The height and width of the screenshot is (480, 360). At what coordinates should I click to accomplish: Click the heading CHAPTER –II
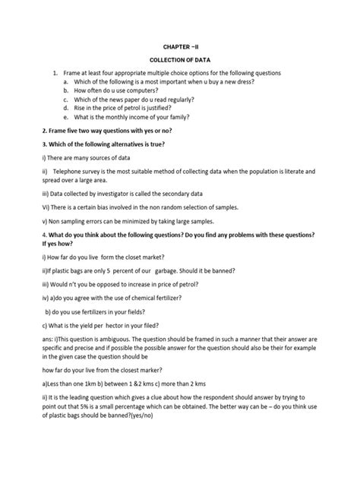tap(179, 46)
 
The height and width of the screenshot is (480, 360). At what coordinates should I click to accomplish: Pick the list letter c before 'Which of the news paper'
tap(65, 99)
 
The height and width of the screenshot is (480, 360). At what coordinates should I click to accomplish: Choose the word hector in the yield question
tap(112, 326)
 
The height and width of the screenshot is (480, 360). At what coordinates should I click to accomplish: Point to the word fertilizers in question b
tap(89, 312)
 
